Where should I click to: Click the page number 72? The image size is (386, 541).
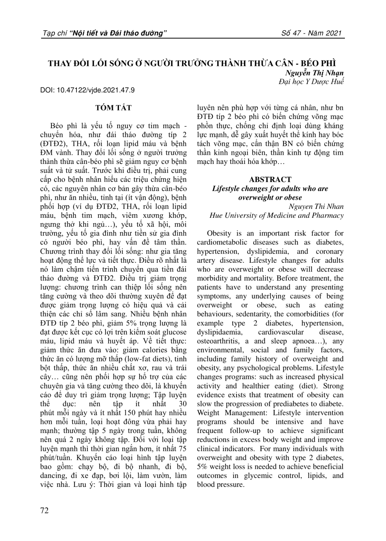(x=45, y=511)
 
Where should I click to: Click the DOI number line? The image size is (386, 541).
(x=88, y=90)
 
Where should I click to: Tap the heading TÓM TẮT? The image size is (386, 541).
(x=113, y=108)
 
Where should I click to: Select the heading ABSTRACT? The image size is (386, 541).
(x=270, y=180)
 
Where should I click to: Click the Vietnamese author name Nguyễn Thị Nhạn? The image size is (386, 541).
(x=314, y=73)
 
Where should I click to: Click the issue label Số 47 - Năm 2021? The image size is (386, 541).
(x=312, y=34)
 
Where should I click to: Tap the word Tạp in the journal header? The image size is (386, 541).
(x=49, y=34)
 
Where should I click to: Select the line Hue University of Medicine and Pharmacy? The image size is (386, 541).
(x=277, y=215)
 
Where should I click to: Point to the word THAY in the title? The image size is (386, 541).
(x=59, y=63)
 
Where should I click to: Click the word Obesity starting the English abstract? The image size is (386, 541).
(x=219, y=233)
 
